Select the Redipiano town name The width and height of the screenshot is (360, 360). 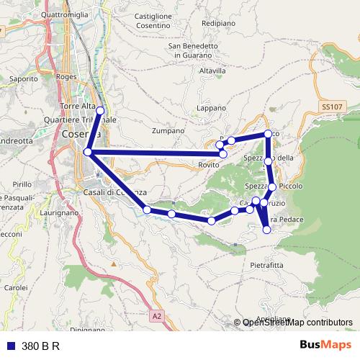click(x=219, y=23)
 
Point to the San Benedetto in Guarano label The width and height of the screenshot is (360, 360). click(x=193, y=51)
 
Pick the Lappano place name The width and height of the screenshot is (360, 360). click(x=212, y=107)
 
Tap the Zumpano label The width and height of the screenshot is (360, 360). click(x=168, y=130)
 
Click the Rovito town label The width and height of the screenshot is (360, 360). click(x=209, y=165)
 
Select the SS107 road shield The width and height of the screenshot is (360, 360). click(x=332, y=107)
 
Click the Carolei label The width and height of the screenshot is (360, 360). click(x=15, y=287)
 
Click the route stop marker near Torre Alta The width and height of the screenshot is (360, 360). click(x=100, y=110)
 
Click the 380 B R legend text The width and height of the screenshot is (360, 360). click(x=40, y=346)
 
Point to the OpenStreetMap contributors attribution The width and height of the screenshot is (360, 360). click(x=297, y=323)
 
